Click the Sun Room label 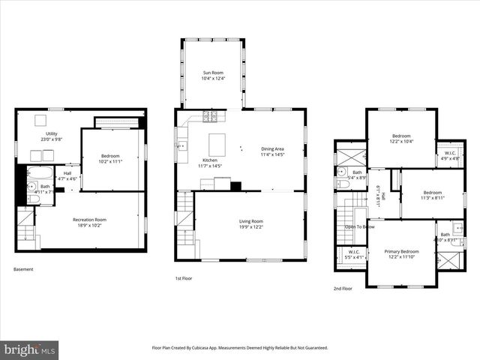point(213,75)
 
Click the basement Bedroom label point(110,158)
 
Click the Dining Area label point(272,151)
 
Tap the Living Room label point(250,223)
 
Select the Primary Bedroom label point(402,254)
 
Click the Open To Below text point(359,226)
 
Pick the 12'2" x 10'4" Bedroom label point(401,138)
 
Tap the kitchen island point(217,144)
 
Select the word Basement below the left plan point(23,270)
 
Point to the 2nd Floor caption point(343,288)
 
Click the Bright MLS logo point(30,349)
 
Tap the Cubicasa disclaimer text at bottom point(240,348)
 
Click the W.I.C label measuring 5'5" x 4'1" point(352,254)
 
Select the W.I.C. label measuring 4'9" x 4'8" point(450,156)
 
